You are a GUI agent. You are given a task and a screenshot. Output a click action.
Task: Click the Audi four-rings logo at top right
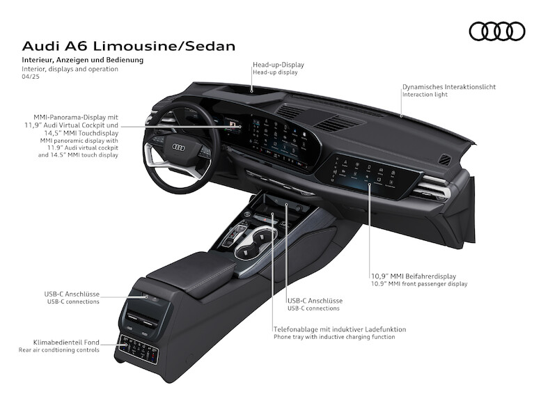[497, 31]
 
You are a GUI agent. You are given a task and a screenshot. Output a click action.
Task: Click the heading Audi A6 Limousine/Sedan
[129, 46]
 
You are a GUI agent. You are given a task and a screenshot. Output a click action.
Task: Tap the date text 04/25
[31, 78]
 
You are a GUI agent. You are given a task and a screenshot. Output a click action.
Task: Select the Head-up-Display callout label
[278, 65]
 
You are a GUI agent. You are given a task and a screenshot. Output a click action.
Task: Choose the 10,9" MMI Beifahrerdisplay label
[414, 276]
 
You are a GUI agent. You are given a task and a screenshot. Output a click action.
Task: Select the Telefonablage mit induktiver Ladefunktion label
[339, 329]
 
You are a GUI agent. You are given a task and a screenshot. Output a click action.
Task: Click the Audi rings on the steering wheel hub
[178, 147]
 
